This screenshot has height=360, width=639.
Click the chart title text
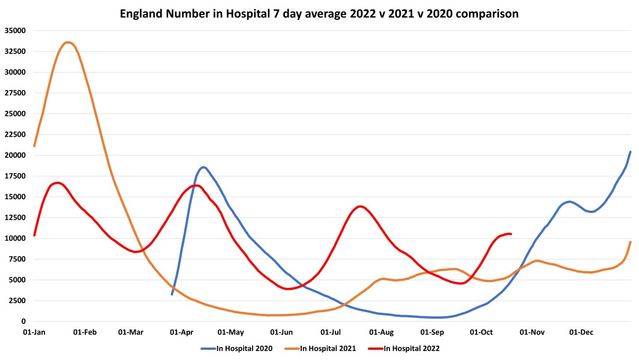click(319, 13)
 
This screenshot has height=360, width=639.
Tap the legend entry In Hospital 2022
click(412, 348)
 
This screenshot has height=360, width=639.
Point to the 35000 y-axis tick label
click(14, 31)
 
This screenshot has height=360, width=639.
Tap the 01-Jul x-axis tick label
click(331, 332)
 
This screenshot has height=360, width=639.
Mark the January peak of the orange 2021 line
click(68, 43)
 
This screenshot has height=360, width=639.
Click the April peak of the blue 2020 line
click(203, 167)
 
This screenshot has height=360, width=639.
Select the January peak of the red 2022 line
click(57, 182)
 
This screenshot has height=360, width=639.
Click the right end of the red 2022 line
click(511, 234)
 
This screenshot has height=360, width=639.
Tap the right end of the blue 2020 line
click(630, 152)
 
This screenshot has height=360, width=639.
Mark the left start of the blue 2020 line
click(172, 294)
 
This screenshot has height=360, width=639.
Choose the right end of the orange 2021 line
click(630, 242)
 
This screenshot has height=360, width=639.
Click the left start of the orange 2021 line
click(34, 146)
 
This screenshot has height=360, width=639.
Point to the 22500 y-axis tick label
click(14, 135)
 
